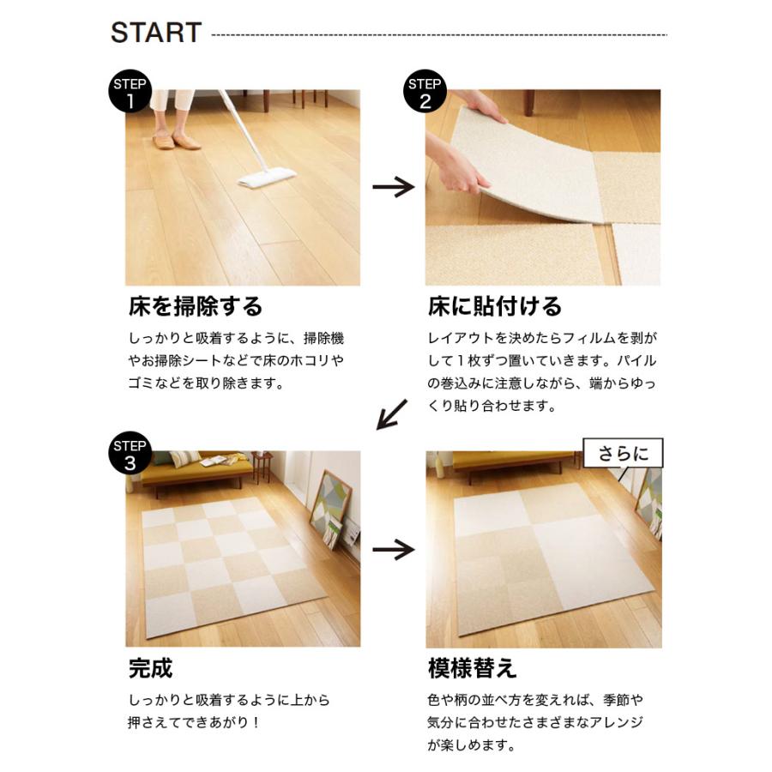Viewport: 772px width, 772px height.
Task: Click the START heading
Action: coord(156,33)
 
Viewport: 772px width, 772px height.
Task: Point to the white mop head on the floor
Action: coord(267,178)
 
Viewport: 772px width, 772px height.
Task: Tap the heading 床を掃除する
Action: coord(196,306)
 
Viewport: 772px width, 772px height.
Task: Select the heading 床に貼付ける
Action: coord(495,306)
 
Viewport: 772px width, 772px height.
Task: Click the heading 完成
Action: coord(151,667)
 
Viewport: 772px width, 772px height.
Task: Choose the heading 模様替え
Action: coord(473,667)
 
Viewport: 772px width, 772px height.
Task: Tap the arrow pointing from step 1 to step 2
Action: coord(393,186)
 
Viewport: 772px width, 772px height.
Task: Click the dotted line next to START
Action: coord(438,35)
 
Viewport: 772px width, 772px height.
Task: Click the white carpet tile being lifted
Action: coord(532,163)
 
